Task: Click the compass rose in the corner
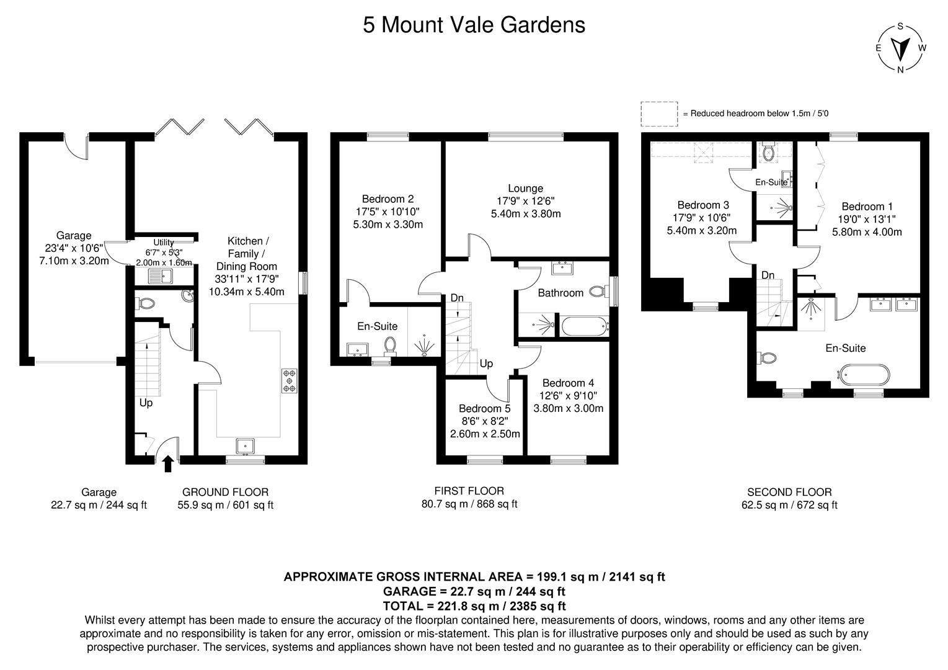[x=900, y=48]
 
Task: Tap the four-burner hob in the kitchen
[x=289, y=380]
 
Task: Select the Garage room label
[x=74, y=236]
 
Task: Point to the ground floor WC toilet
[x=146, y=303]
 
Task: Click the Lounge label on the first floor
[x=525, y=189]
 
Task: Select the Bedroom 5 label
[x=484, y=409]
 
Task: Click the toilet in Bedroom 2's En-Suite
[x=390, y=345]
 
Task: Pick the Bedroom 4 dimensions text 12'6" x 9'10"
[x=568, y=396]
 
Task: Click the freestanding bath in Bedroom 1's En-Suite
[x=864, y=374]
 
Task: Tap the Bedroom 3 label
[x=702, y=205]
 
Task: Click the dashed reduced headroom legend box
[x=659, y=114]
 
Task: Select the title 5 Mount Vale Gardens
[x=474, y=25]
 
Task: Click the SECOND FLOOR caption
[x=789, y=492]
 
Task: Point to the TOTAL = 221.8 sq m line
[x=474, y=606]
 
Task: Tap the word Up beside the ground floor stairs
[x=146, y=403]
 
